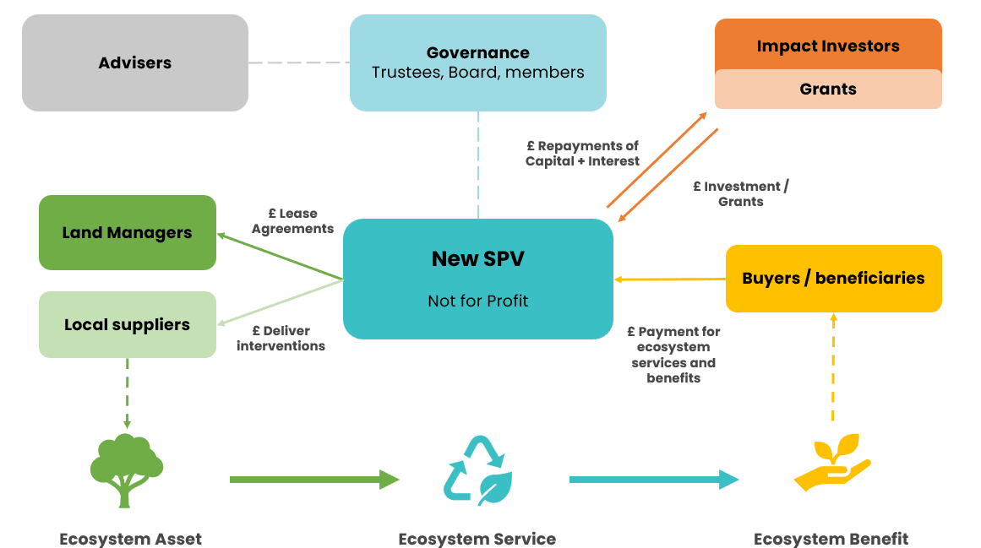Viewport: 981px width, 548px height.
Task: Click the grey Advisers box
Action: pyautogui.click(x=135, y=63)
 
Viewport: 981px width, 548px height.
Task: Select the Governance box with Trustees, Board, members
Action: pyautogui.click(x=477, y=63)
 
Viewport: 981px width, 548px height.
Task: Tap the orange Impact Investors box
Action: pyautogui.click(x=828, y=46)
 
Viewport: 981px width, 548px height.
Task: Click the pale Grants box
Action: pyautogui.click(x=828, y=90)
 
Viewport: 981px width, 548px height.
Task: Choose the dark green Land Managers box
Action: pyautogui.click(x=128, y=233)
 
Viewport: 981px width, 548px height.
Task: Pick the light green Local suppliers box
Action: pyautogui.click(x=128, y=325)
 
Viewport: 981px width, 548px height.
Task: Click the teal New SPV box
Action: pyautogui.click(x=477, y=279)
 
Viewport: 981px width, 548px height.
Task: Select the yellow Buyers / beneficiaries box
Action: pyautogui.click(x=833, y=279)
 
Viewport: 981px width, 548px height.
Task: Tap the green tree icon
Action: pyautogui.click(x=126, y=470)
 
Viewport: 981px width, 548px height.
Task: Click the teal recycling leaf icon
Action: pyautogui.click(x=477, y=470)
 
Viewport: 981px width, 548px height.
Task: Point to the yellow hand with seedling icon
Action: pyautogui.click(x=832, y=464)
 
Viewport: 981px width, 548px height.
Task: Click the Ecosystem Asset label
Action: pyautogui.click(x=130, y=539)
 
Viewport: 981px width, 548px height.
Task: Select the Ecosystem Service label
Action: pyautogui.click(x=477, y=539)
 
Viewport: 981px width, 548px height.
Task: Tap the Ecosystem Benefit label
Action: pyautogui.click(x=831, y=539)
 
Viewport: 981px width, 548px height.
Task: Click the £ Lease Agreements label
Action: pyautogui.click(x=292, y=221)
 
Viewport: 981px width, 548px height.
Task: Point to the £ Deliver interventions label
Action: pyautogui.click(x=281, y=338)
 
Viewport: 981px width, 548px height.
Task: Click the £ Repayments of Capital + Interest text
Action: pyautogui.click(x=583, y=154)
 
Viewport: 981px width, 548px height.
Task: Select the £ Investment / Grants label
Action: pyautogui.click(x=741, y=193)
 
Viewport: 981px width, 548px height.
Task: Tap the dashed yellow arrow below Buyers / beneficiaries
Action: pyautogui.click(x=833, y=367)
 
